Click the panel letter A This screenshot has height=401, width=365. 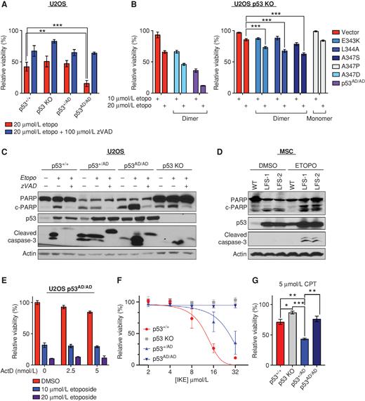pyautogui.click(x=5, y=5)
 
